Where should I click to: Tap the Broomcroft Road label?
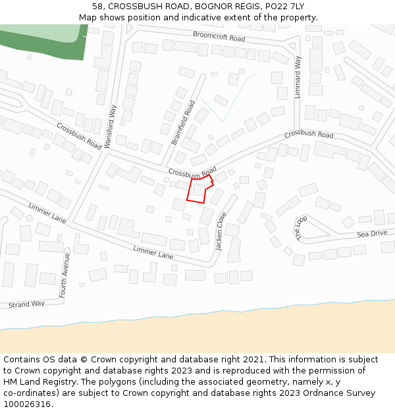219,36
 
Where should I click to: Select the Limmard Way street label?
298,76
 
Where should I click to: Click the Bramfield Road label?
183,123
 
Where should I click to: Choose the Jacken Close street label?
221,231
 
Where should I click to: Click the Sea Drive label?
372,233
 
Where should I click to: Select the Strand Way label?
26,304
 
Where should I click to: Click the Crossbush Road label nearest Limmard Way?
309,134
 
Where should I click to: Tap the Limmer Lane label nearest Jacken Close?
153,251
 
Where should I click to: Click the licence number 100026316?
27,404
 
